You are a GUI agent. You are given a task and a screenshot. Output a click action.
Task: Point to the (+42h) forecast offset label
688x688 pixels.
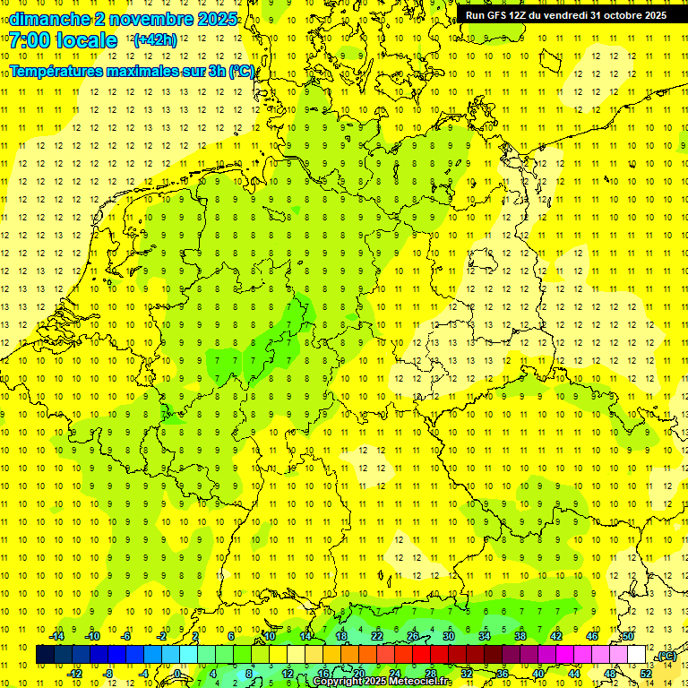(x=154, y=40)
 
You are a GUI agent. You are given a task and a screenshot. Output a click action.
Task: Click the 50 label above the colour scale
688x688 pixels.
(x=628, y=636)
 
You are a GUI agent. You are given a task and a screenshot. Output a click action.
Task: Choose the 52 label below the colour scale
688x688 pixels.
(x=646, y=674)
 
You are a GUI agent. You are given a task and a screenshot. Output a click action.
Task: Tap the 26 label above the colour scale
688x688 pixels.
(x=413, y=636)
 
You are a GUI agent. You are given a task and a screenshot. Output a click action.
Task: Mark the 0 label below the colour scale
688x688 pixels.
(x=178, y=674)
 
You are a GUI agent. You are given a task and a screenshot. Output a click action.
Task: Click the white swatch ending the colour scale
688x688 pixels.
(x=637, y=655)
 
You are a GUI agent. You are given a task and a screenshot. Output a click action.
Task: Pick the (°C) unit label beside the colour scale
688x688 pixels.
(x=666, y=657)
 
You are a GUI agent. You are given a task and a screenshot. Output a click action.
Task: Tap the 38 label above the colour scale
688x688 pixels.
(x=520, y=636)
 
